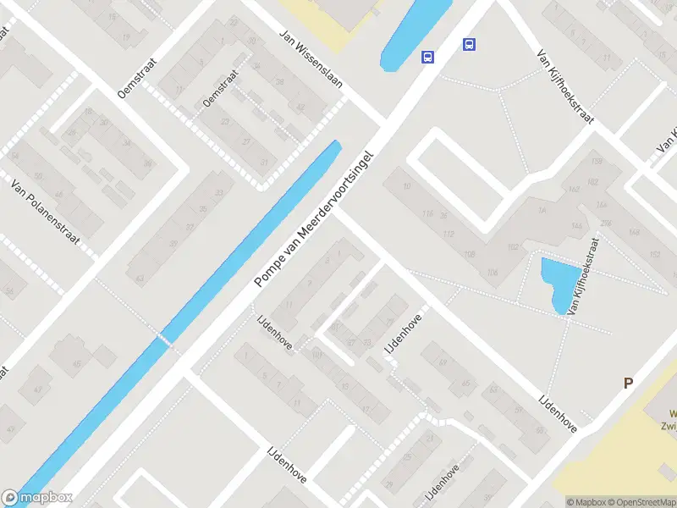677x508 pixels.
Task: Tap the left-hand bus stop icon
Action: pos(429,58)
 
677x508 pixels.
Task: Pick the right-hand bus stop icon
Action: pos(469,45)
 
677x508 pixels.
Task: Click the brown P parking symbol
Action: pos(629,384)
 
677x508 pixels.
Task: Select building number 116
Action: pos(428,213)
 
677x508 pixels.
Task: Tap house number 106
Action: pos(493,272)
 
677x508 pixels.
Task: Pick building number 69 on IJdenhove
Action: pos(442,364)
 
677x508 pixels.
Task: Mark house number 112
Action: pos(449,234)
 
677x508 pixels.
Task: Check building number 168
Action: pos(596,161)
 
